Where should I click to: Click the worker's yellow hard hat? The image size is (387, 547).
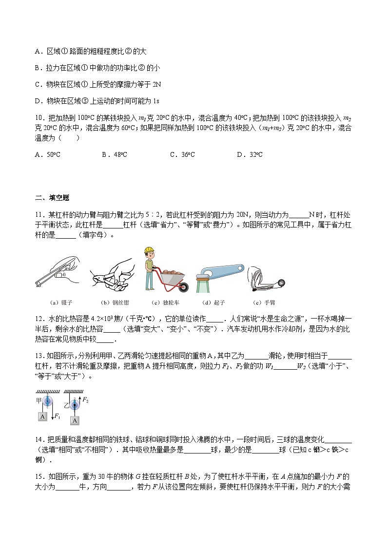(x=149, y=250)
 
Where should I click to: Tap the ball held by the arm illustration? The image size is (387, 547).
(x=281, y=283)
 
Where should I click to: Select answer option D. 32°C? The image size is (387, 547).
(x=250, y=154)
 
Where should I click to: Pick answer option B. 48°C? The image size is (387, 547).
(x=115, y=154)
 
